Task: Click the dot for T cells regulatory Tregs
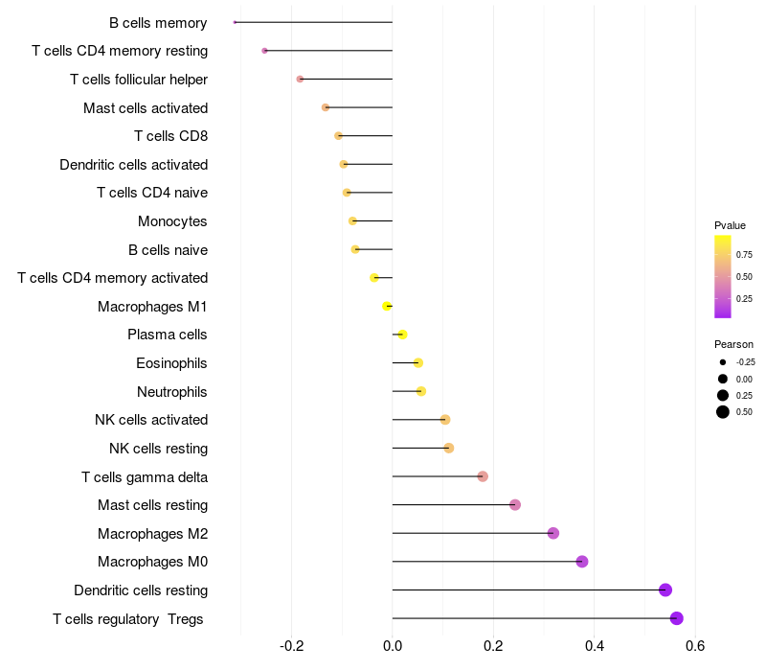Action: point(677,618)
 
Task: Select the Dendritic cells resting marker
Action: point(665,590)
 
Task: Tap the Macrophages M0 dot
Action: point(582,562)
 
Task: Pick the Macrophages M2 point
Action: point(553,533)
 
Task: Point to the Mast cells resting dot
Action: point(515,505)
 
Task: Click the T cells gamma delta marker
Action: point(483,476)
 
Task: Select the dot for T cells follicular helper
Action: point(300,79)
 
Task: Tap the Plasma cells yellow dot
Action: point(402,335)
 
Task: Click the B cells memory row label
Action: point(158,22)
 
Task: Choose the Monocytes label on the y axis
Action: point(172,221)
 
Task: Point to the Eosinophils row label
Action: point(171,363)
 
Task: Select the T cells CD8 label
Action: point(170,136)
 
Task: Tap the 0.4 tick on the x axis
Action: point(595,646)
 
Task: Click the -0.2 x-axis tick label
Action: point(291,646)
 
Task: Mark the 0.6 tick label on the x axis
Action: point(695,646)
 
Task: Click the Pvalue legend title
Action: point(730,225)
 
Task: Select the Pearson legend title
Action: point(733,344)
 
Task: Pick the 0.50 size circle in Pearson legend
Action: point(723,412)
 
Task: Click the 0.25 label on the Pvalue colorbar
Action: point(743,299)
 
